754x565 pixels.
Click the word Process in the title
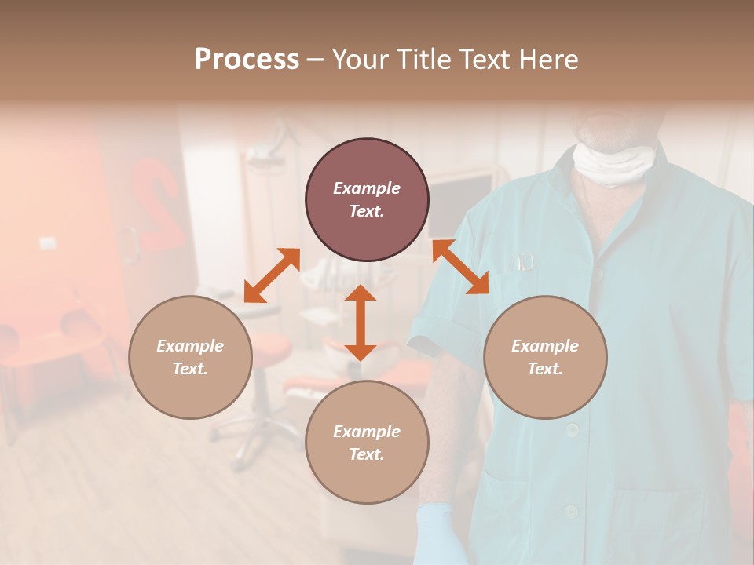[247, 60]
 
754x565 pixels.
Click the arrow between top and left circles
[272, 275]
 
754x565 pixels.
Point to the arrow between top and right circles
[461, 267]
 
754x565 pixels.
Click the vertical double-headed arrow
[361, 323]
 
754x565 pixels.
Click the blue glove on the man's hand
[440, 534]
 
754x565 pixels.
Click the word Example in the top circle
[367, 188]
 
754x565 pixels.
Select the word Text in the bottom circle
[367, 454]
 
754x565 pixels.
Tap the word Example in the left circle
[190, 346]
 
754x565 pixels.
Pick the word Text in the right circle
[545, 369]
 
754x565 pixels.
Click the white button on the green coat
[573, 430]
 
